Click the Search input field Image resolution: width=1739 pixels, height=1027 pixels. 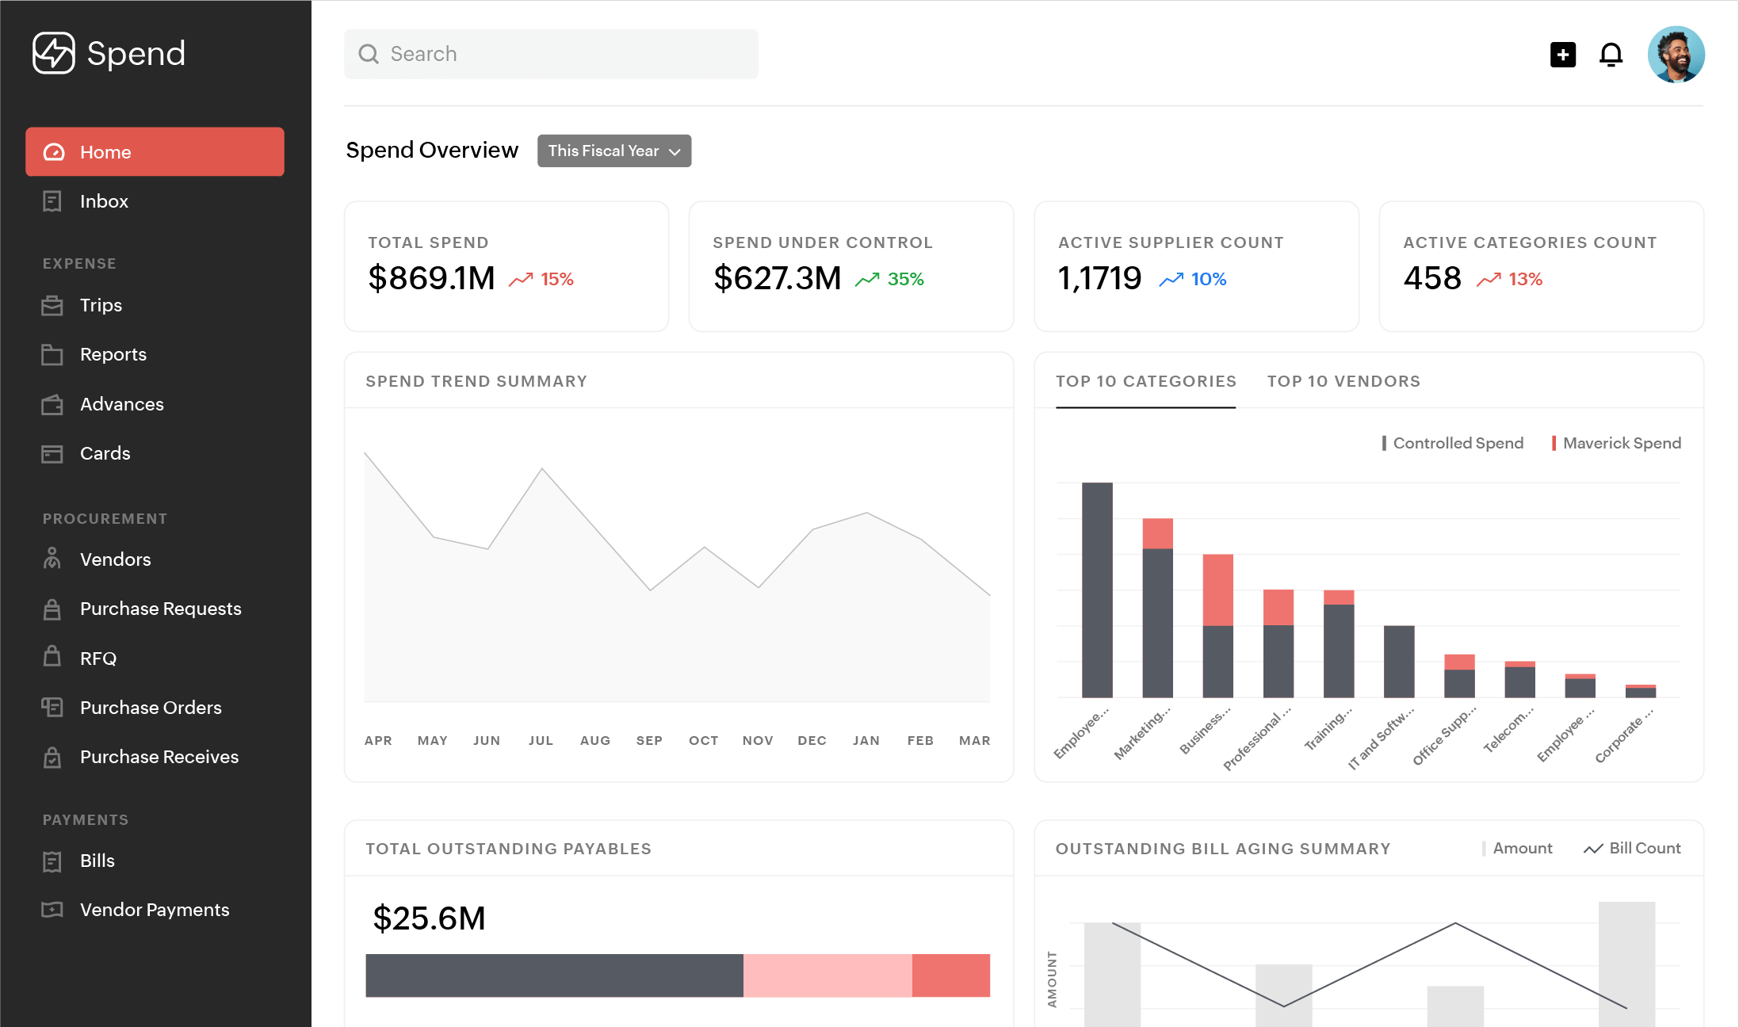coord(551,54)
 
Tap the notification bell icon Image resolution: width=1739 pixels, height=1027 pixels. coord(1611,55)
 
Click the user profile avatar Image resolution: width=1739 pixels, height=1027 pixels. coord(1676,55)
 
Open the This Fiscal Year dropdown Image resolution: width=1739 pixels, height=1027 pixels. coord(613,151)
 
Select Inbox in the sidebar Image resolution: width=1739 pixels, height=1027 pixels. coord(104,201)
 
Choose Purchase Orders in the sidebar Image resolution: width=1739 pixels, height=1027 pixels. coord(151,708)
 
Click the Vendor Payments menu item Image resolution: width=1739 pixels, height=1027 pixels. coord(155,910)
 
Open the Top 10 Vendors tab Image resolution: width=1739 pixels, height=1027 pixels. coord(1343,381)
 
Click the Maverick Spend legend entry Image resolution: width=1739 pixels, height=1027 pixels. coord(1621,443)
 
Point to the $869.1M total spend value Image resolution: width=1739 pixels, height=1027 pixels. coord(431,278)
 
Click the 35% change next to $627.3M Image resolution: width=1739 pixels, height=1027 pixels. coord(905,279)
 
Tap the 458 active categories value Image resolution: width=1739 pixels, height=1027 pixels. coord(1431,278)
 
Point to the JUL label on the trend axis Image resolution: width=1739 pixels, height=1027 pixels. coord(541,740)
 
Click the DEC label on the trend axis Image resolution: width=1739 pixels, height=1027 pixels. coord(812,740)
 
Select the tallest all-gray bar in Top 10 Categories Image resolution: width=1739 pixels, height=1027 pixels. coord(1097,590)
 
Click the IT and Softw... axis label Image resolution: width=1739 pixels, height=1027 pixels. coord(1381,739)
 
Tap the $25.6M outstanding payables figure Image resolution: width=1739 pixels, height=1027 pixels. coord(429,918)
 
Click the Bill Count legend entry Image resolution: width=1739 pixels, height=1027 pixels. coord(1644,848)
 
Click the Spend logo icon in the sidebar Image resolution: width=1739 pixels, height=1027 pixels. coord(54,53)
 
